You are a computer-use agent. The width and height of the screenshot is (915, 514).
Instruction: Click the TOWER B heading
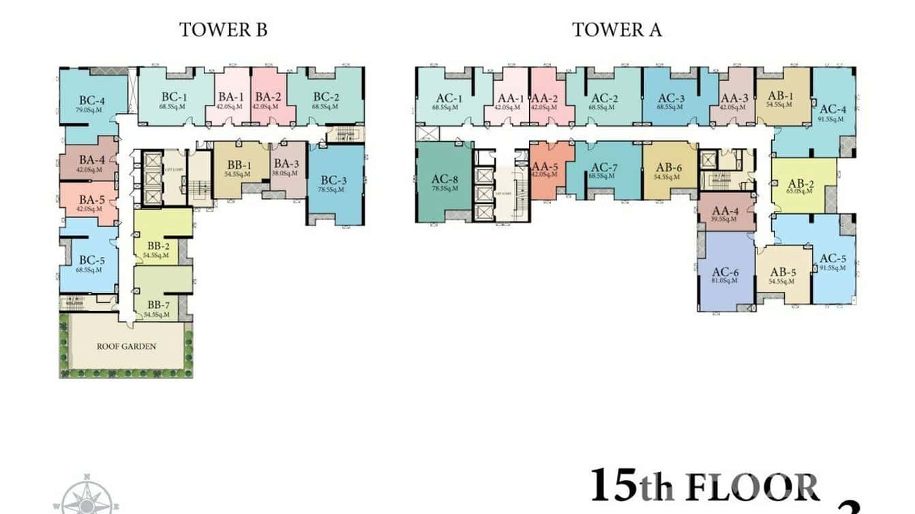click(223, 30)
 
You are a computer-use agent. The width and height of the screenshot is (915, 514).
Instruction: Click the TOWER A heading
click(616, 30)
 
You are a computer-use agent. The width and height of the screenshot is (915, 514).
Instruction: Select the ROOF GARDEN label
click(126, 346)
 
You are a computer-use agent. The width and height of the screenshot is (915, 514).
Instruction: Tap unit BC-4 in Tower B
click(90, 100)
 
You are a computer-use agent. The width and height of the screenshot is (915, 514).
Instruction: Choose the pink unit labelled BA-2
click(268, 100)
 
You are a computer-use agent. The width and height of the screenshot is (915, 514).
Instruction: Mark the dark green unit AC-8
click(444, 182)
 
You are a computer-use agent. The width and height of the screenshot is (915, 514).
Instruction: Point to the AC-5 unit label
click(833, 258)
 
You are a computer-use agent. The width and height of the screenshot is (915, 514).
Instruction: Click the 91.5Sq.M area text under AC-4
click(832, 119)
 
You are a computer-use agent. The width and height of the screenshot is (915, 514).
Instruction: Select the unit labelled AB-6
click(669, 170)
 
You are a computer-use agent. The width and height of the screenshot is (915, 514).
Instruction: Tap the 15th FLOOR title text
click(704, 487)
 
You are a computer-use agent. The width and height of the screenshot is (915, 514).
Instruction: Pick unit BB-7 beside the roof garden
click(157, 307)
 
